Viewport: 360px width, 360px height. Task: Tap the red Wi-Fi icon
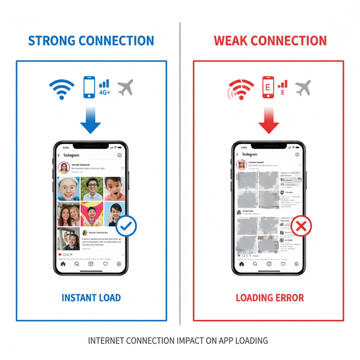[240, 91]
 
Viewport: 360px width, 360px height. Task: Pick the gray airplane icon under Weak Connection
[304, 88]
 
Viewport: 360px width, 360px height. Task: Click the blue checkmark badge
[126, 226]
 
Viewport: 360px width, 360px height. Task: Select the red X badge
[302, 226]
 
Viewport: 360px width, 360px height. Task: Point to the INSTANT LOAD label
[91, 298]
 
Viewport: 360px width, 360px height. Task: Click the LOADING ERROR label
[269, 298]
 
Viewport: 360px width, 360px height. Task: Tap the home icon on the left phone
[62, 263]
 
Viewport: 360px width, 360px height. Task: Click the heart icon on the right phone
[284, 263]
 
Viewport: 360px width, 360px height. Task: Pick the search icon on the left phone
[77, 263]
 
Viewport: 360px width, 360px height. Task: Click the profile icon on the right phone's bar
[298, 263]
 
